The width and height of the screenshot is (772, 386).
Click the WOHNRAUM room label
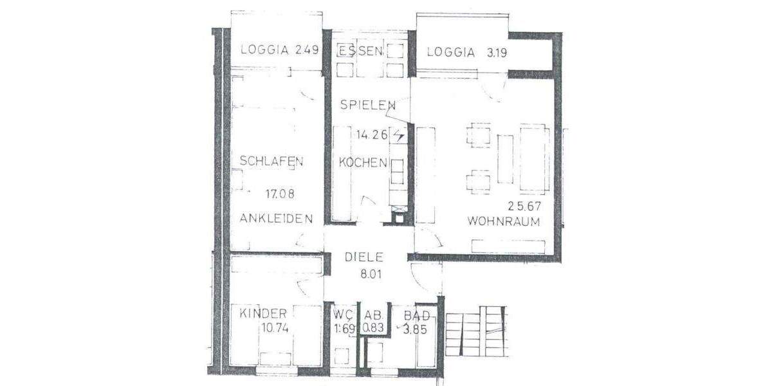[503, 221]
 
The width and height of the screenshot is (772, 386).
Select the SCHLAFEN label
[271, 161]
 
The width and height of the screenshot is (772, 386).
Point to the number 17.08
[283, 192]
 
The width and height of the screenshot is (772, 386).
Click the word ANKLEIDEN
[276, 218]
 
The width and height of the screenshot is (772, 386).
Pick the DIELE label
[364, 257]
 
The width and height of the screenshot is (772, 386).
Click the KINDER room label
[263, 314]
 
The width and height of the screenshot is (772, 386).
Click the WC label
[342, 315]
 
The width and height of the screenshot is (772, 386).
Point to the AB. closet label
[374, 315]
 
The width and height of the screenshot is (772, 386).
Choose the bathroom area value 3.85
[415, 327]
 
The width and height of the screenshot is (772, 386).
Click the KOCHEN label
[363, 163]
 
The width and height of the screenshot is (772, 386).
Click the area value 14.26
[371, 135]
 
